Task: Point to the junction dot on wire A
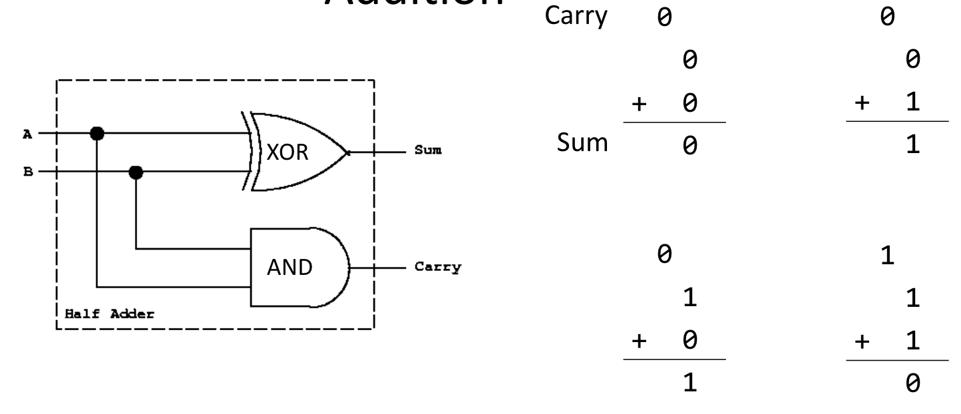pos(97,133)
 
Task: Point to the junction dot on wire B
pos(136,172)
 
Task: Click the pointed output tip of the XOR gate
pos(348,152)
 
